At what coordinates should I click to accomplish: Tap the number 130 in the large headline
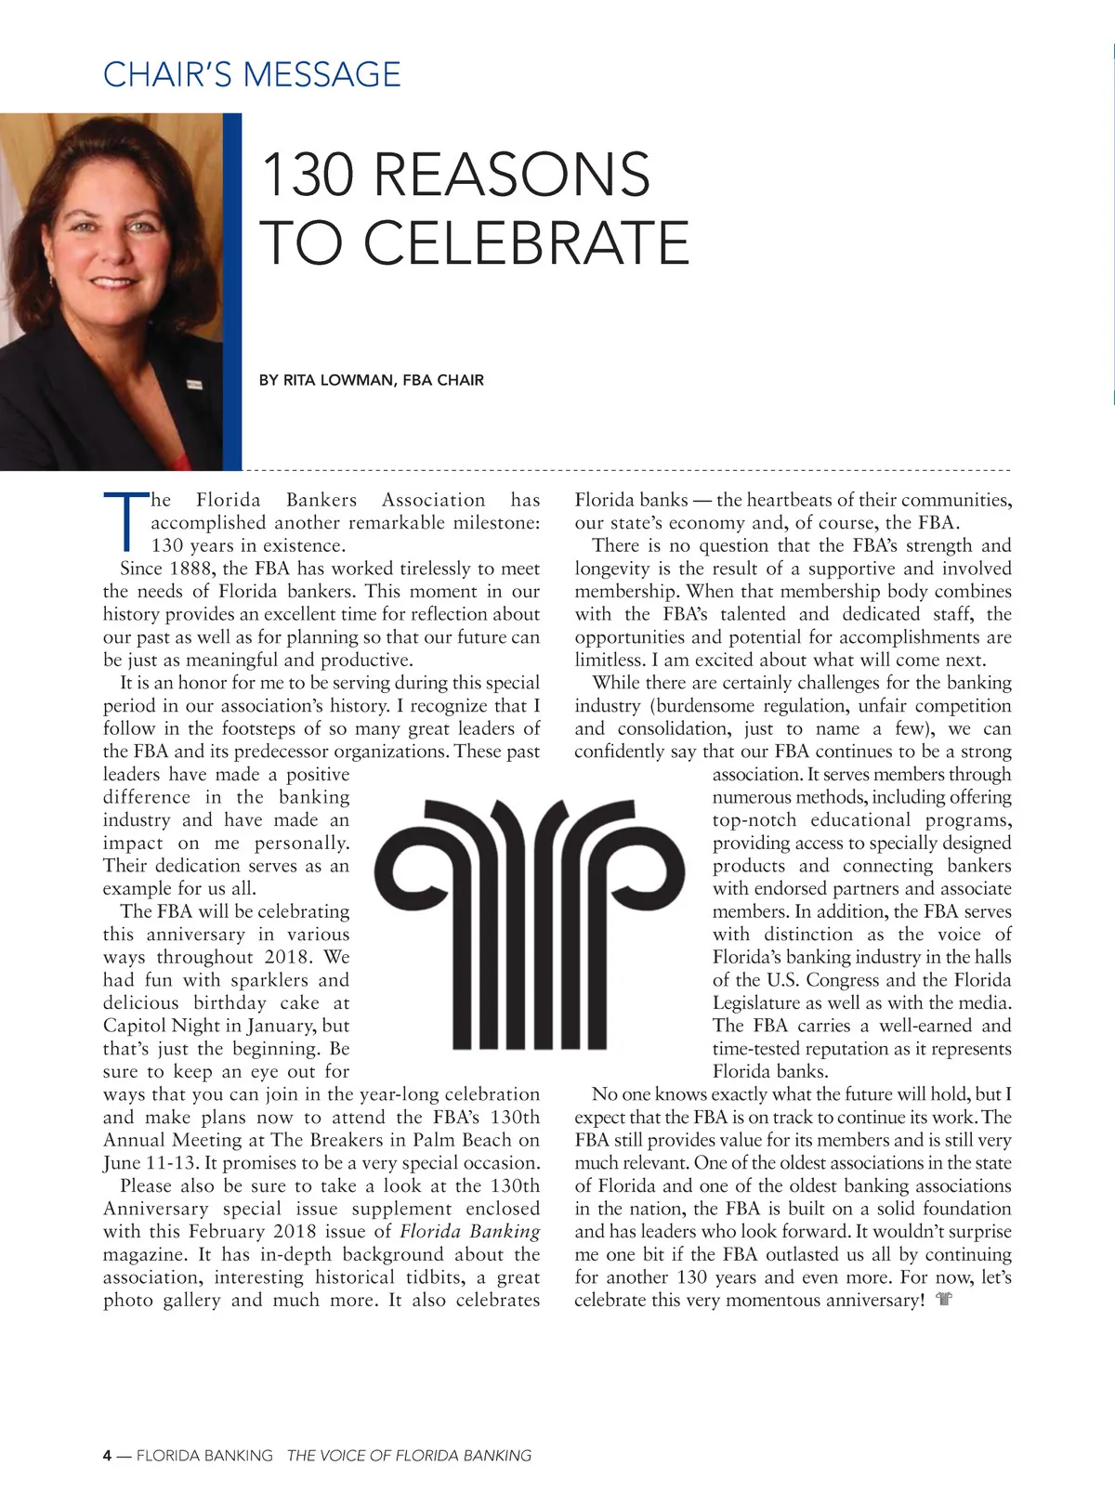point(306,174)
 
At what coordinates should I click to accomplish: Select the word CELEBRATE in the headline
point(526,242)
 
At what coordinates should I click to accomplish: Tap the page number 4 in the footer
point(108,1455)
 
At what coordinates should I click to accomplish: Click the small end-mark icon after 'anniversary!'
point(945,1300)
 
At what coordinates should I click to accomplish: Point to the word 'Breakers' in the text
point(344,1140)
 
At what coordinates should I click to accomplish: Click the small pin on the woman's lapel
point(194,382)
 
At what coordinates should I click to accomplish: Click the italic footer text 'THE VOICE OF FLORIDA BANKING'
point(409,1455)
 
